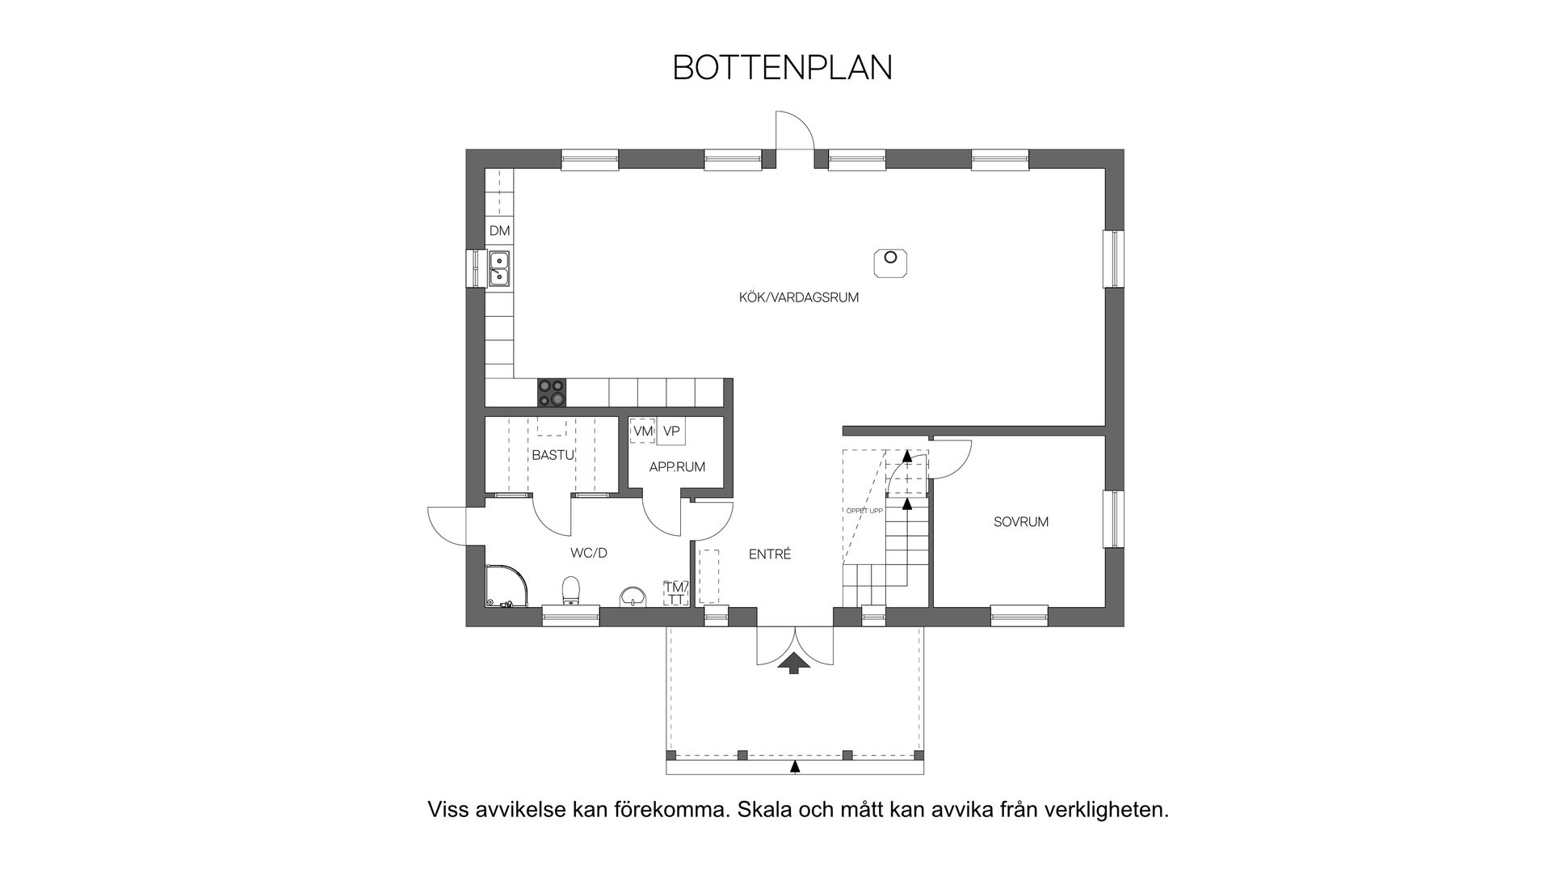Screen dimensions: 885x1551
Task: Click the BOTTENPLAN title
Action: coord(782,68)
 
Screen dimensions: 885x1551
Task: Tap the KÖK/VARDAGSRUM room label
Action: coord(798,297)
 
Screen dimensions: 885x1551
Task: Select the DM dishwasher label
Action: coord(499,231)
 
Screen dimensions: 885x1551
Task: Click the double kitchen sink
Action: coord(499,268)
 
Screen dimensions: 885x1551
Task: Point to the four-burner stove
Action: coord(552,393)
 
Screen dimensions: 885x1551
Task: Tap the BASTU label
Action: coord(553,455)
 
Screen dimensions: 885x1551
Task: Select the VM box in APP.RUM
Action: coord(642,432)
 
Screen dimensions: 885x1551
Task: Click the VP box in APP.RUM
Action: coord(671,432)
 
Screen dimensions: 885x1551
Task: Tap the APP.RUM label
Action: coord(677,467)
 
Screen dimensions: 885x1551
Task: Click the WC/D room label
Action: coord(588,553)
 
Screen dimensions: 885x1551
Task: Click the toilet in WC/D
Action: coord(571,590)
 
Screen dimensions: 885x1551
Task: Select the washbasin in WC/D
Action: coord(633,596)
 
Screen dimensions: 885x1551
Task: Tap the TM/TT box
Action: coord(675,592)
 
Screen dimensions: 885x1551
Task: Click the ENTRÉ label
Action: coord(769,554)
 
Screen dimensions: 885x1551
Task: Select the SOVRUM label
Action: coord(1021,522)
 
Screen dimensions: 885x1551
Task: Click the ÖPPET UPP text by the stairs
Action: coord(864,511)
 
